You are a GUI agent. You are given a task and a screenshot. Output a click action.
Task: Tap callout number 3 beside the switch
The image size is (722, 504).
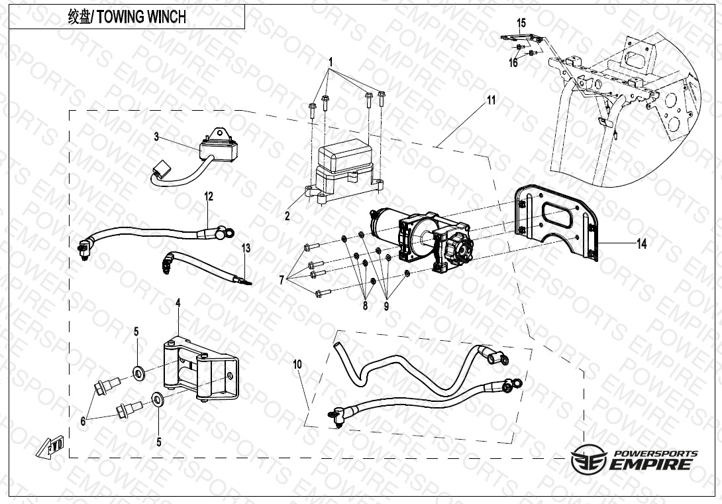(x=156, y=137)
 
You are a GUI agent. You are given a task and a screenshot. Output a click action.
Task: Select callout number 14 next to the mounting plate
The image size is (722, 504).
(x=641, y=244)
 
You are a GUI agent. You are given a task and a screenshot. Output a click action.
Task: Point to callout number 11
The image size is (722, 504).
(x=491, y=101)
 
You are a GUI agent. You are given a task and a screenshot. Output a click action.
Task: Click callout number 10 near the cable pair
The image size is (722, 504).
(x=297, y=364)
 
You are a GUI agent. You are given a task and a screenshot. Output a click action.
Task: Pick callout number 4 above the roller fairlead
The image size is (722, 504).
(x=178, y=303)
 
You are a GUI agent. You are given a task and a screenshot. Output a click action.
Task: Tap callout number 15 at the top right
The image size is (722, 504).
(x=521, y=23)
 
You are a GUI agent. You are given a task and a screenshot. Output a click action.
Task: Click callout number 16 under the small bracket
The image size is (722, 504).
(x=513, y=63)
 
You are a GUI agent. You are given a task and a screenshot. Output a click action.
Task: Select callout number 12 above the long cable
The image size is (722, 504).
(x=209, y=196)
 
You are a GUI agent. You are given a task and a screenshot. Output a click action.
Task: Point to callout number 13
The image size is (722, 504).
(x=246, y=249)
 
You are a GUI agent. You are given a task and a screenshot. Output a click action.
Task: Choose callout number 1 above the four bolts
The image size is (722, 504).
(x=331, y=61)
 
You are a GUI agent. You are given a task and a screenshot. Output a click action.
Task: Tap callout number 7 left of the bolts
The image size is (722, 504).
(x=282, y=281)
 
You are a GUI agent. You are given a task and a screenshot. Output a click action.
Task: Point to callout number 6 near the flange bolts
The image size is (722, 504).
(x=83, y=420)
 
